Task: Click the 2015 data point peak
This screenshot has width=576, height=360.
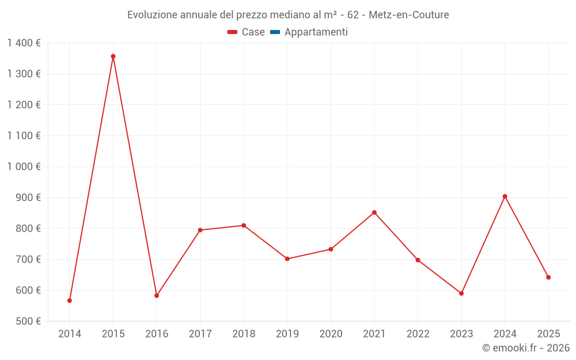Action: [113, 56]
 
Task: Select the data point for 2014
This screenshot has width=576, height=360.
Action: [70, 301]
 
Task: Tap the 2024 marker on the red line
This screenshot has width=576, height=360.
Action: [505, 196]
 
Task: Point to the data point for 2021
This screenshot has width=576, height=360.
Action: [374, 213]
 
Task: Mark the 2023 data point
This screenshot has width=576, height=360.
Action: [461, 293]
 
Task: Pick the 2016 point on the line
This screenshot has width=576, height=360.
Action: [157, 295]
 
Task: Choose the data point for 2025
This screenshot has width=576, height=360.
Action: [548, 278]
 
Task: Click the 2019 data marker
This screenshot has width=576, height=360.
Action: [287, 259]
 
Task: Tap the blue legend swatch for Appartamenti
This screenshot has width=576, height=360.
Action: [275, 32]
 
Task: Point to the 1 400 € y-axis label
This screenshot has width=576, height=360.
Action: [24, 43]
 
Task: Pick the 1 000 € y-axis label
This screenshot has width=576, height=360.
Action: [24, 166]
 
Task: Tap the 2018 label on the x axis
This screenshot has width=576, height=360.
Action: [244, 334]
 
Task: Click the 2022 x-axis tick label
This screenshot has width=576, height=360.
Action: [418, 334]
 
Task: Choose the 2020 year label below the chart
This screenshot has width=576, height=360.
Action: [331, 334]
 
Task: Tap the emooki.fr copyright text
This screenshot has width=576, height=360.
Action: [526, 348]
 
